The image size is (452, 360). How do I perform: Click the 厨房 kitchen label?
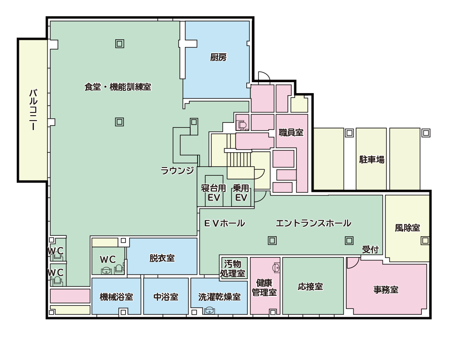[218, 57]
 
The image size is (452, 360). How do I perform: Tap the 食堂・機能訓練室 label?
[118, 87]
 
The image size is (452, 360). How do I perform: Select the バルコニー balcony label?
[33, 110]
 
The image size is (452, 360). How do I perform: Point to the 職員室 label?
[291, 132]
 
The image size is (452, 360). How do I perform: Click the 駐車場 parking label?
[372, 159]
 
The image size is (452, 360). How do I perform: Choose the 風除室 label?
[407, 228]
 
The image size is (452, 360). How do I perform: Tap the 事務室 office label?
[386, 290]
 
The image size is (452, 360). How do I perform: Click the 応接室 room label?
[310, 286]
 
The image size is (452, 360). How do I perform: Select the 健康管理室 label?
[264, 287]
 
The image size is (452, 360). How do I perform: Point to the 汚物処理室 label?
[233, 268]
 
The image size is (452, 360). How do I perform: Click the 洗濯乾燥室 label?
[219, 297]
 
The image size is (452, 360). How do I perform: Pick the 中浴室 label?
[166, 297]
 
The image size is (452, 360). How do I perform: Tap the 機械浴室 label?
[116, 297]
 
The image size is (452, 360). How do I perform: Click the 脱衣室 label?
[162, 258]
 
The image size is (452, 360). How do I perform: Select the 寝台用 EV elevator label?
[214, 193]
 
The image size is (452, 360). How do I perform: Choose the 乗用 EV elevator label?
[241, 193]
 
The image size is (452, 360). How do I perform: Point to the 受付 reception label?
[370, 249]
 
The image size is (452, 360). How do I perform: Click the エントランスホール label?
[313, 223]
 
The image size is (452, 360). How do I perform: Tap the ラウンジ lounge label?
[177, 170]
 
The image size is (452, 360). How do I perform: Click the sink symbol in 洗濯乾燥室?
[209, 310]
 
